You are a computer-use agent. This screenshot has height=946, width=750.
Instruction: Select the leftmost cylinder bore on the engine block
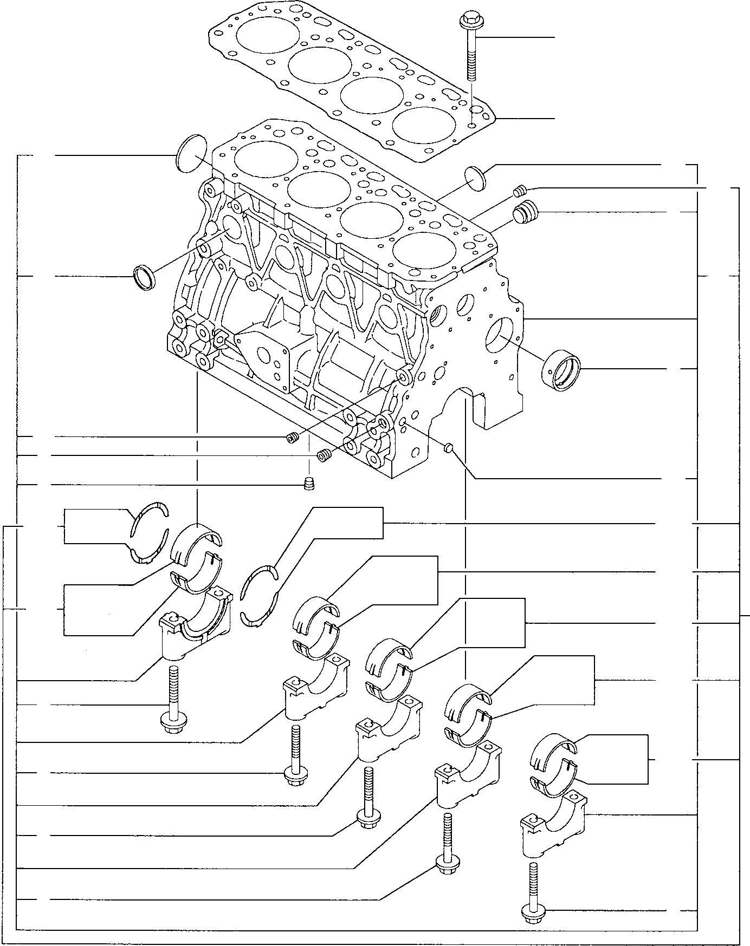tap(266, 159)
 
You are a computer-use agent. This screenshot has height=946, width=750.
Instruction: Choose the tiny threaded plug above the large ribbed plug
tap(520, 190)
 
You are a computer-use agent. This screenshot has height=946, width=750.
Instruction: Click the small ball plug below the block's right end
tap(448, 447)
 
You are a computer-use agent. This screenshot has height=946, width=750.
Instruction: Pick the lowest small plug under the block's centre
tap(309, 484)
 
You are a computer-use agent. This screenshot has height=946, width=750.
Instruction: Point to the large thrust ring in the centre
tap(259, 596)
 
